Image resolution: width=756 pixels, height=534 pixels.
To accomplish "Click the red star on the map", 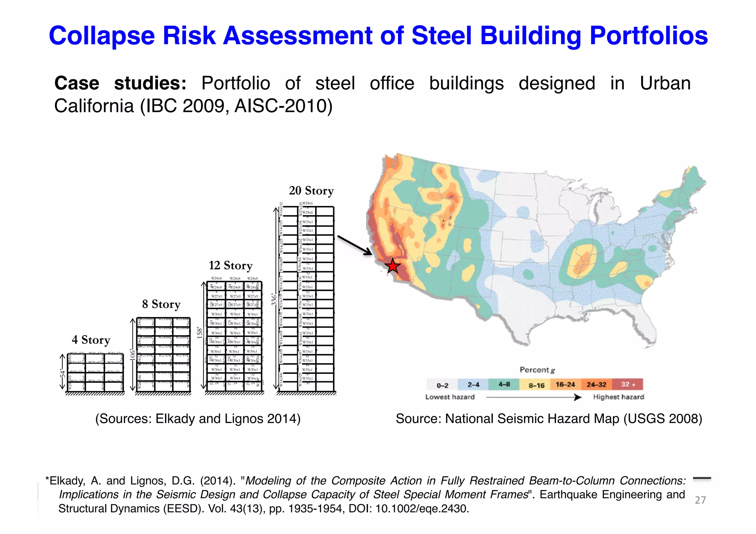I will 392,266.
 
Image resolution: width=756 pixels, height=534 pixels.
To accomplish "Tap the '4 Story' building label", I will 91,340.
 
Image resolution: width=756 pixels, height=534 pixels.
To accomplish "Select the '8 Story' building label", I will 161,304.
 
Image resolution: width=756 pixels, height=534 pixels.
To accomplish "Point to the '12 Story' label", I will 230,265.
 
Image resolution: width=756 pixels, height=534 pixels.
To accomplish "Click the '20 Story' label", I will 311,190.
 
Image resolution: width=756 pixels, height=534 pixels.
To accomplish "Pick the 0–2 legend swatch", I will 442,385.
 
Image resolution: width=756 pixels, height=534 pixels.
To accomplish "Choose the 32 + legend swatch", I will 628,384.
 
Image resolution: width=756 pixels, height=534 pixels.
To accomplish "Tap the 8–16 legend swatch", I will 535,385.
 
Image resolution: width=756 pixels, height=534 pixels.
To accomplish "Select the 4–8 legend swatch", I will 504,384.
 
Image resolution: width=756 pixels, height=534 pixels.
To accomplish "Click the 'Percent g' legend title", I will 537,370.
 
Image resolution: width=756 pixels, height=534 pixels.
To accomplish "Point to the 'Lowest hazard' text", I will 450,397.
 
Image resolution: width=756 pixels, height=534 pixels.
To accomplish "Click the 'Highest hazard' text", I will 618,397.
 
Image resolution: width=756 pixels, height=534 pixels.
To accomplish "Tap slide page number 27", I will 700,500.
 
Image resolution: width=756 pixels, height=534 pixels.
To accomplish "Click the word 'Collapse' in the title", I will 102,36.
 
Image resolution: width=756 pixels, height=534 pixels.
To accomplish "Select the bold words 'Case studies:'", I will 120,83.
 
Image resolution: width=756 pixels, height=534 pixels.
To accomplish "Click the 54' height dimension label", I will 62,373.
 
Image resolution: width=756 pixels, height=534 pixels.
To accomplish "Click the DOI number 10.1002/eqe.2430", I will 422,509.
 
